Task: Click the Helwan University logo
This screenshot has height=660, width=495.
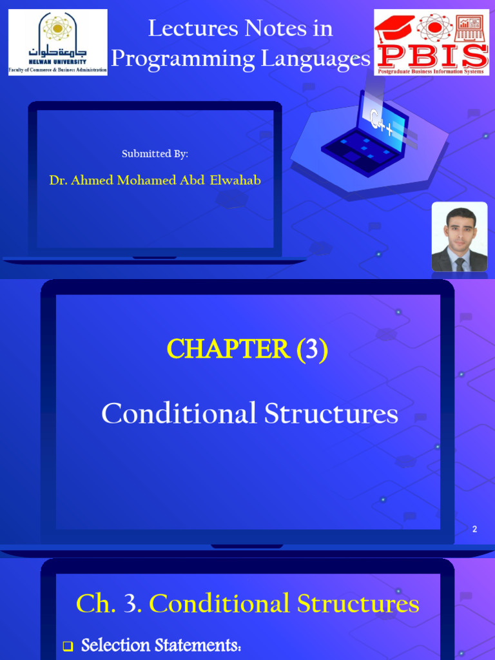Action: pos(57,42)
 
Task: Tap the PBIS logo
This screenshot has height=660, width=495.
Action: pos(431,43)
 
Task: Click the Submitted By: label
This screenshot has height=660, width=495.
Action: pos(155,153)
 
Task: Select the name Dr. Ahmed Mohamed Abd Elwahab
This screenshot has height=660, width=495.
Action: pos(155,180)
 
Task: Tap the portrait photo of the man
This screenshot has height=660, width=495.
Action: pos(459,237)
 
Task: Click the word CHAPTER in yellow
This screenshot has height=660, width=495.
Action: pos(228,349)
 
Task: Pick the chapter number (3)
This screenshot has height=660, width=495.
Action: pos(312,349)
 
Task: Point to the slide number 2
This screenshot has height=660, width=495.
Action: pos(474,529)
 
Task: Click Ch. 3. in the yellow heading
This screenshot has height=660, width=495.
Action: pos(109,604)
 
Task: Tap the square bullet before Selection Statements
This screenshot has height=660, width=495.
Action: pos(68,646)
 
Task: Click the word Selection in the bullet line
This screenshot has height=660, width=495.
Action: pos(117,645)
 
